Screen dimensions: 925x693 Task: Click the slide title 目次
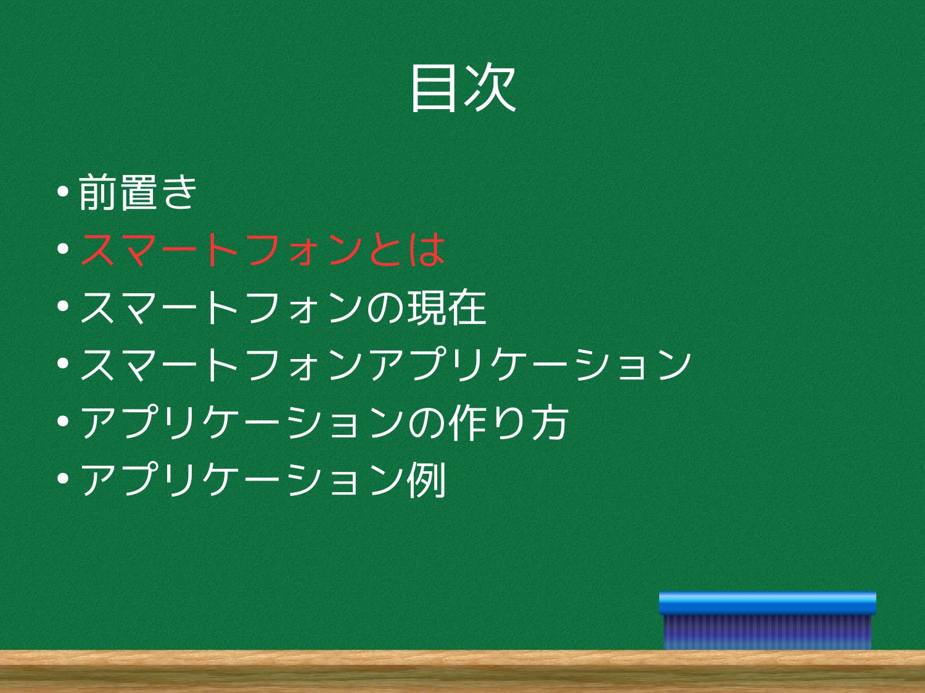463,88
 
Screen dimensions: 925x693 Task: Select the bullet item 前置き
138,192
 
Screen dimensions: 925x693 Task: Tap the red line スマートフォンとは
263,250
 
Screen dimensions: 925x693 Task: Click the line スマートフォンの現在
283,307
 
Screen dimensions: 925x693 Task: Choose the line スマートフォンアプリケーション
385,365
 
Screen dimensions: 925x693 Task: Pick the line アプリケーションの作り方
324,423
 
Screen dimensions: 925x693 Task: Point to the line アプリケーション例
263,480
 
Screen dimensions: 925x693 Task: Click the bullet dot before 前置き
63,192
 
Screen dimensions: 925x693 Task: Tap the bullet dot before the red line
63,249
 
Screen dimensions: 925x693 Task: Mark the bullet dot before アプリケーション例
63,479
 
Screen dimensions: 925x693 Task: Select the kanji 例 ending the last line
426,480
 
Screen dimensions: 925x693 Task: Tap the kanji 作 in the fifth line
467,423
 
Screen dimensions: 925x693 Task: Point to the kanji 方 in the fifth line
550,423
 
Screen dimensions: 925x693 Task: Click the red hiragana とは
406,250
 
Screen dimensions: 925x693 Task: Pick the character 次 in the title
490,88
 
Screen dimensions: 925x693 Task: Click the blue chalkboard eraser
767,621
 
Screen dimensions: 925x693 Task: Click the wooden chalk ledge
462,671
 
